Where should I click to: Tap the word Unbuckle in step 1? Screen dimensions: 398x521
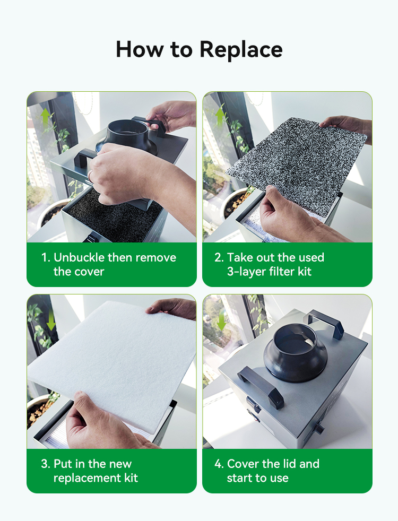tap(79, 257)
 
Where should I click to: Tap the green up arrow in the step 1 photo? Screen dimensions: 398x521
tap(46, 117)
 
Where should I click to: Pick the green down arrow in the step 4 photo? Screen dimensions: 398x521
tap(221, 321)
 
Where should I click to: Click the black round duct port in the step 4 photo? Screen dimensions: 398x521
tap(295, 352)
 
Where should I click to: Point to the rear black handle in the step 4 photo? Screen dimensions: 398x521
tap(326, 323)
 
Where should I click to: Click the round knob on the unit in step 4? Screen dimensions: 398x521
tap(319, 428)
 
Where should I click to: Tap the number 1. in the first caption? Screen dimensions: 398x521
tap(46, 257)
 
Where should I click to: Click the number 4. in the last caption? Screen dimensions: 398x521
tap(219, 464)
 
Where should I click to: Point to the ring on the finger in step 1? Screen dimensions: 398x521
tap(90, 175)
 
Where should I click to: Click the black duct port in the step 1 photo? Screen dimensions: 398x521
tap(128, 137)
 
